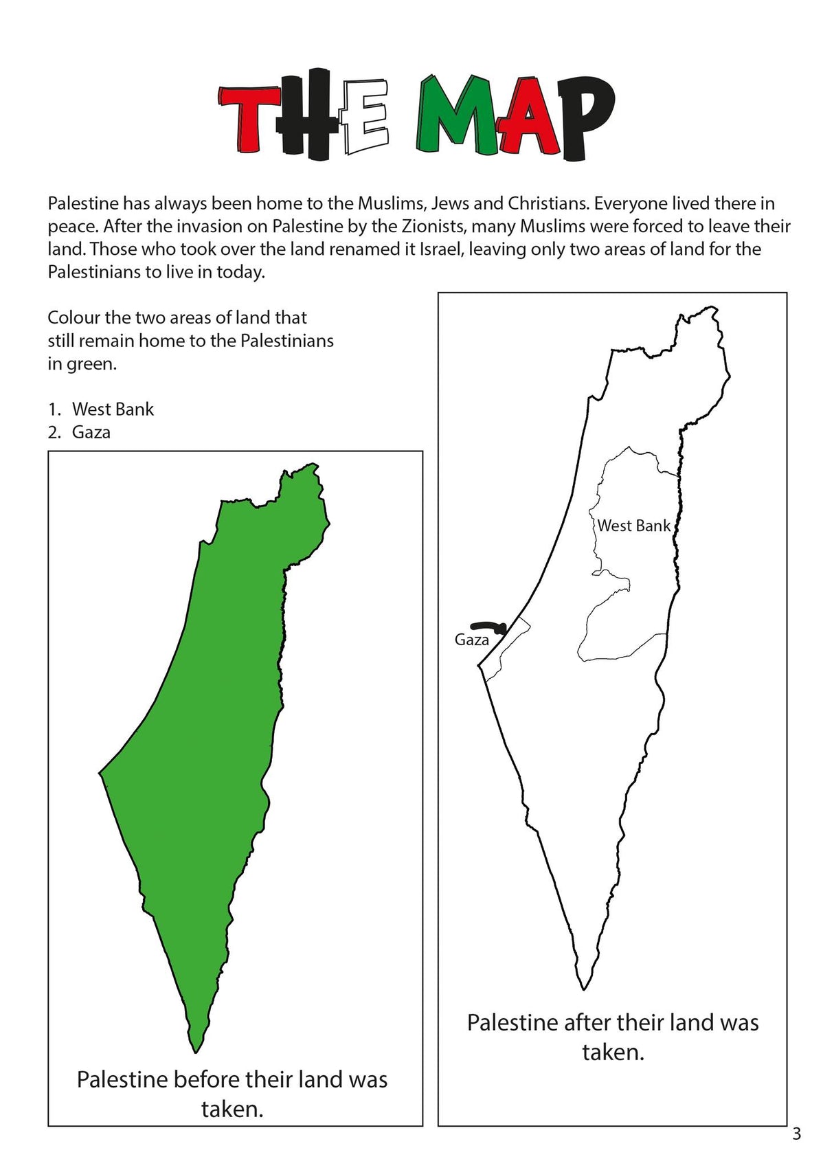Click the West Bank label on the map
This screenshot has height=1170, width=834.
pyautogui.click(x=633, y=526)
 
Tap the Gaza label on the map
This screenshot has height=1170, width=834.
pyautogui.click(x=471, y=640)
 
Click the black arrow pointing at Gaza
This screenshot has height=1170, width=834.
pyautogui.click(x=489, y=626)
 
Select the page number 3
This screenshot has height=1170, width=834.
pyautogui.click(x=796, y=1134)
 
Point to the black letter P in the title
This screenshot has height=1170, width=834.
pyautogui.click(x=584, y=117)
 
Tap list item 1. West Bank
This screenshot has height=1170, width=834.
pyautogui.click(x=101, y=409)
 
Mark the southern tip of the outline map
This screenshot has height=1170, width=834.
pyautogui.click(x=583, y=987)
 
